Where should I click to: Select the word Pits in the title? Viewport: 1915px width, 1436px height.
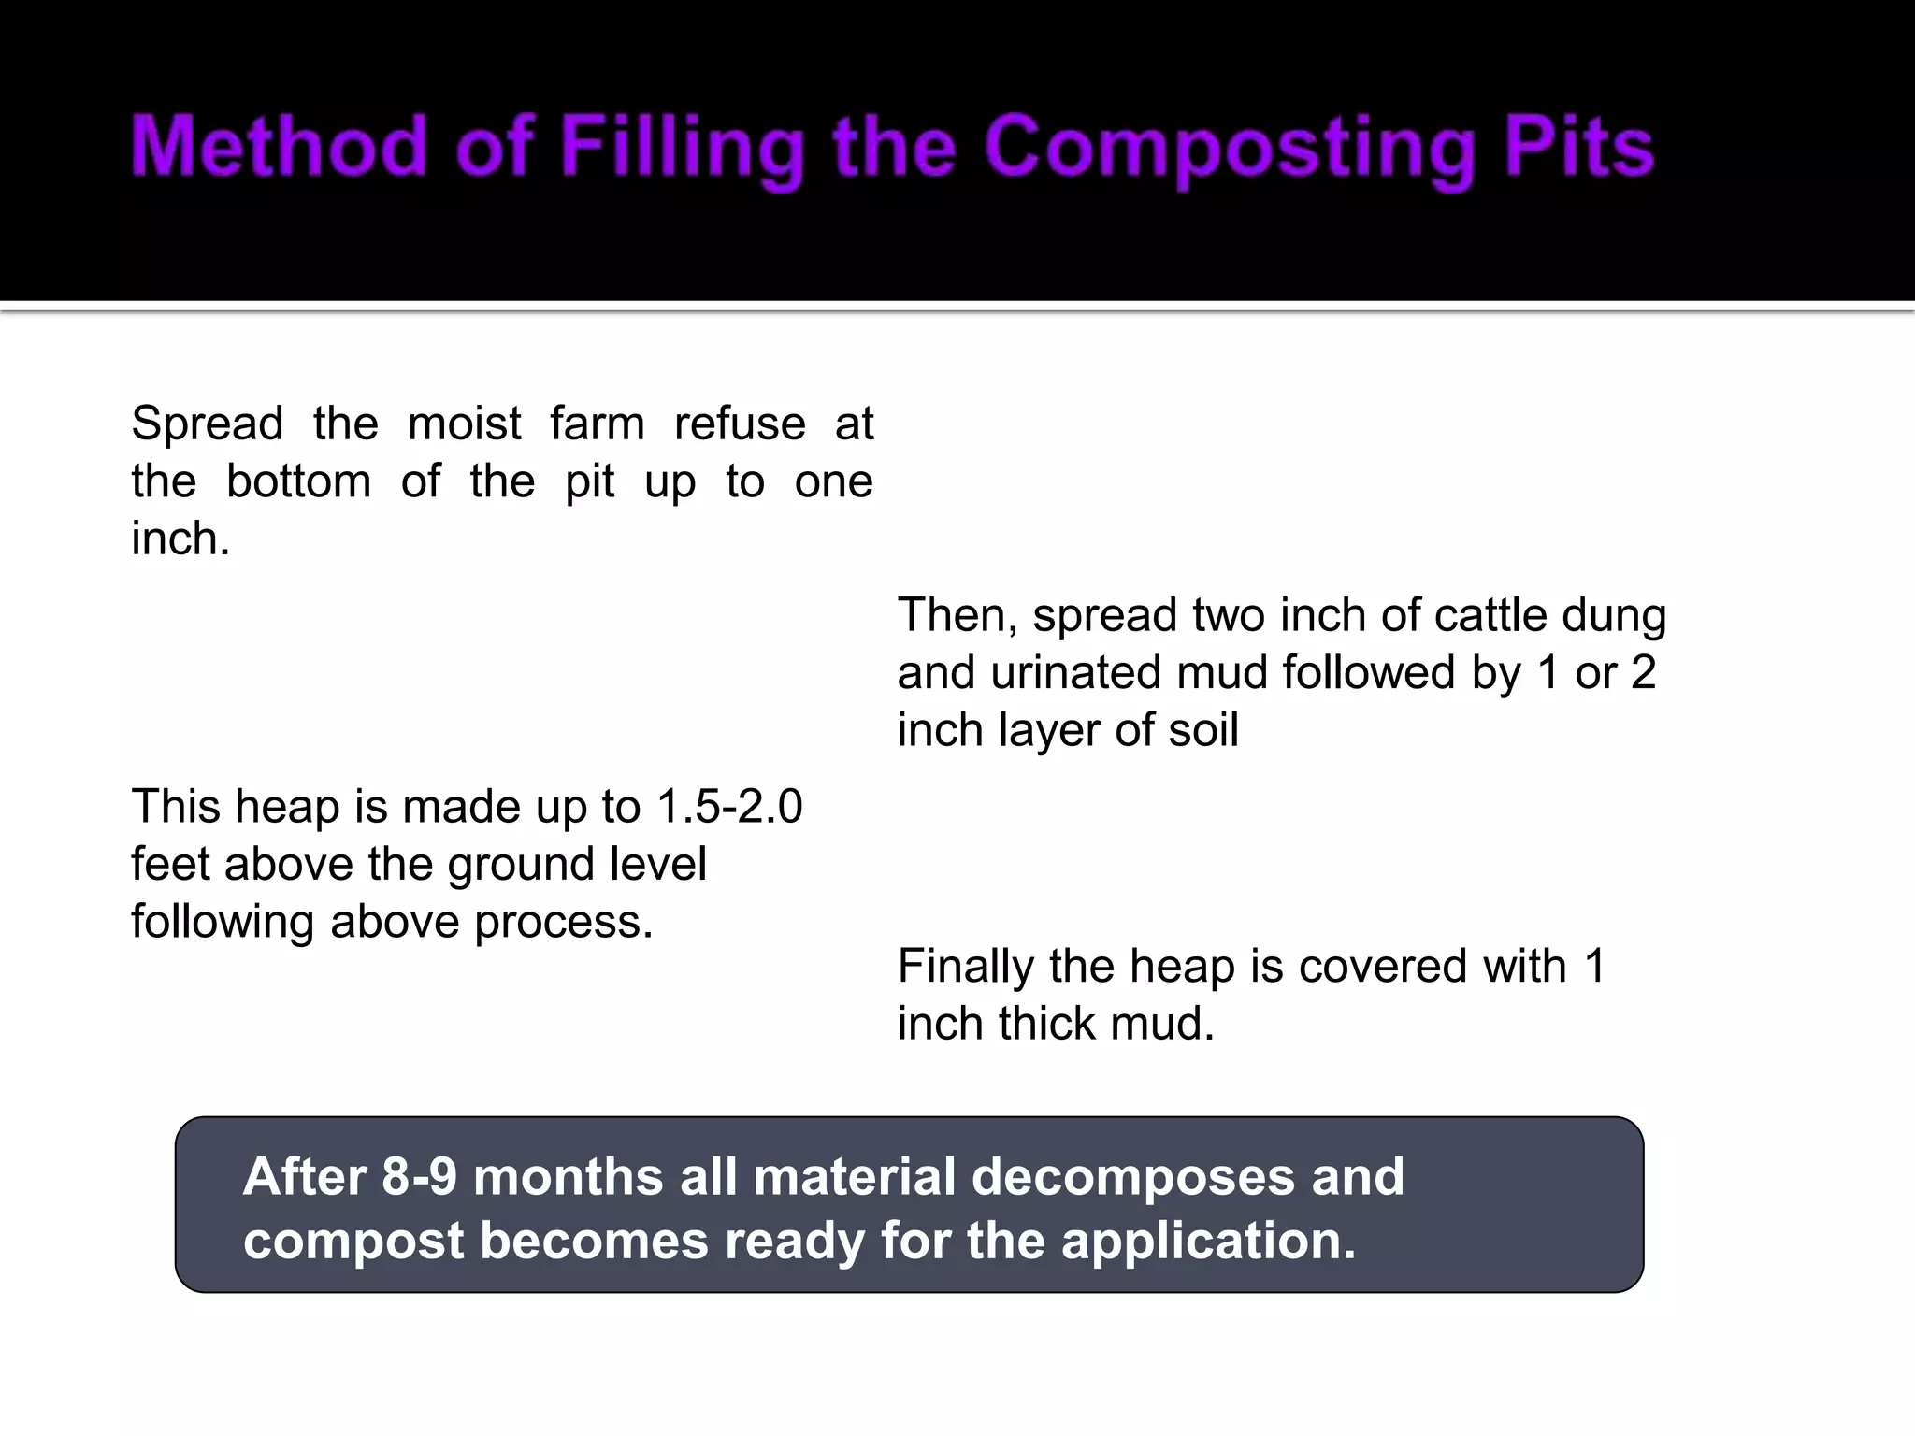point(1579,147)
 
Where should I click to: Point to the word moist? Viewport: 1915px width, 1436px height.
point(464,424)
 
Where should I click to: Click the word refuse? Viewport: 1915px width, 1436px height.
point(740,424)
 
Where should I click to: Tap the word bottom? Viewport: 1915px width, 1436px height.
point(298,481)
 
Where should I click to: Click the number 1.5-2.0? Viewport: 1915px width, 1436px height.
point(729,807)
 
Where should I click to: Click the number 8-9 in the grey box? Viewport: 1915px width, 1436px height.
point(419,1176)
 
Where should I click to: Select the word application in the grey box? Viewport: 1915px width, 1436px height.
point(1207,1242)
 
